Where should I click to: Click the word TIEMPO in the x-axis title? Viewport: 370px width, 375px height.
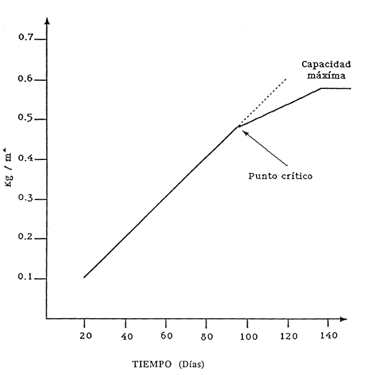[150, 363]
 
